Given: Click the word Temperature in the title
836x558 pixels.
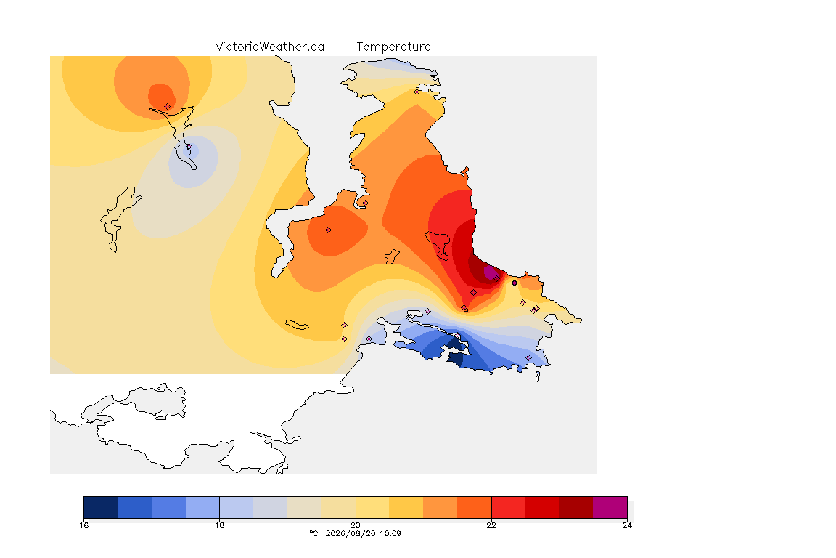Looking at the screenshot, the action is (393, 47).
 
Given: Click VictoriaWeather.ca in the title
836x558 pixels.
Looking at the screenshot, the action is (270, 47).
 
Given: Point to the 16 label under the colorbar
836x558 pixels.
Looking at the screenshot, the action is (83, 525).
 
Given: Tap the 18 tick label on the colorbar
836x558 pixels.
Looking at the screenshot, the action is (220, 525).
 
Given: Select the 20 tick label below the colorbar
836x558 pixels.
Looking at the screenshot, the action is (356, 525).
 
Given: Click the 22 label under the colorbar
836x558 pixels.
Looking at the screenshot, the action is (491, 525).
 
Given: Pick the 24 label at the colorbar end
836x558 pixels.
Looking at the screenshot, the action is (627, 525).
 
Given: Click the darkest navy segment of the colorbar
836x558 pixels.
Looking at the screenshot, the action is (101, 507).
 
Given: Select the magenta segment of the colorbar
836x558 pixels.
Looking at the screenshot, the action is (610, 507).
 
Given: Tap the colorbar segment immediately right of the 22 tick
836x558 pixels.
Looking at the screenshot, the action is (508, 507).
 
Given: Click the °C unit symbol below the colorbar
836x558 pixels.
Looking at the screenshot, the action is (313, 533).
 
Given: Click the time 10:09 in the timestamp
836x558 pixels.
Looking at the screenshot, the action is (390, 533).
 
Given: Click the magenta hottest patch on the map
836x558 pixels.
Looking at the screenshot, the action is (490, 272).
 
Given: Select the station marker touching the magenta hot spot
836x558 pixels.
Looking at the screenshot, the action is (496, 279).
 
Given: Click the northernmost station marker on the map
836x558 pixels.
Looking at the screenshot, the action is (417, 92).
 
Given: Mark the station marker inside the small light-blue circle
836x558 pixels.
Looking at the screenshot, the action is (189, 146).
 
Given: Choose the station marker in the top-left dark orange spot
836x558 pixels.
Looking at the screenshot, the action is (168, 107).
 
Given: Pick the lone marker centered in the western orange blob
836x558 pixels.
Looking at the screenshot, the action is (329, 230).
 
